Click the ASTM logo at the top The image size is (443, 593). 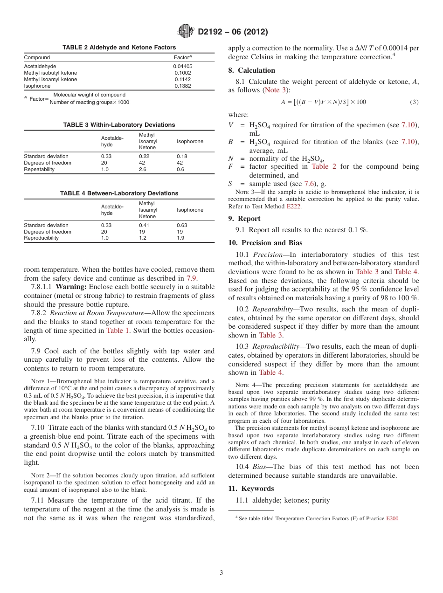tap(186, 32)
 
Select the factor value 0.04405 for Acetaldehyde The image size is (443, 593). tap(182, 66)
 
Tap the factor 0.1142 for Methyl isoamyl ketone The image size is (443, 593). tap(182, 79)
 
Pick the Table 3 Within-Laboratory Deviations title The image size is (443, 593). tap(119, 124)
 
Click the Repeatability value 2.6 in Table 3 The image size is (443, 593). tap(143, 169)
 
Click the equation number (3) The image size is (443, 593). tap(414, 102)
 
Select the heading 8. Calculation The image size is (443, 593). tap(251, 70)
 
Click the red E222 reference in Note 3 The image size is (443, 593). tap(294, 206)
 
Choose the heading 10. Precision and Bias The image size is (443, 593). tap(265, 243)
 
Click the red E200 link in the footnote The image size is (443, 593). tap(392, 518)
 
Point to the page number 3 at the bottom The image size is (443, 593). tap(221, 573)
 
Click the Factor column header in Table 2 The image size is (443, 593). tap(182, 57)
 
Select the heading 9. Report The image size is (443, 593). tap(244, 219)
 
